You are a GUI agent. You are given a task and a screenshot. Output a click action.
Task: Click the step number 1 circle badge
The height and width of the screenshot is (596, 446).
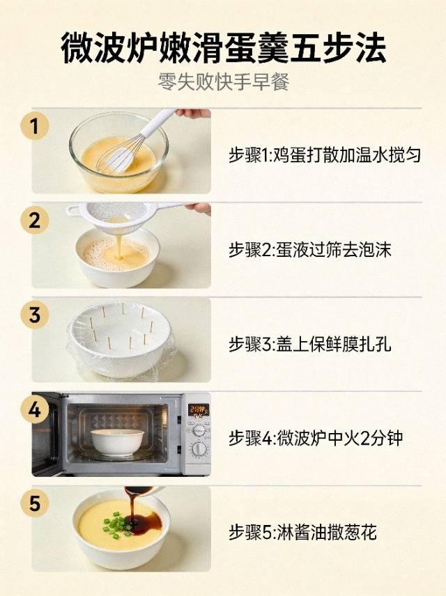click(35, 126)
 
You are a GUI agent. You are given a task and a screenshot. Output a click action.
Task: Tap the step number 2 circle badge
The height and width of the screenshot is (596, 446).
click(35, 221)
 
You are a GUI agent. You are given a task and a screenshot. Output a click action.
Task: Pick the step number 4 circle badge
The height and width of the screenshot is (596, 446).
click(35, 409)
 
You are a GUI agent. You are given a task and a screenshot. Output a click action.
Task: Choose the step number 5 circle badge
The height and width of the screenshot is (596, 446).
click(35, 503)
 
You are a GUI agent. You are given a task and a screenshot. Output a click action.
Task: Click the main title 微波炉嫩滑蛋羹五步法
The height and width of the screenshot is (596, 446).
click(224, 48)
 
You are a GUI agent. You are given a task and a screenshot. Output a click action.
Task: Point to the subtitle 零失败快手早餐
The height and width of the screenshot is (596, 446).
click(224, 81)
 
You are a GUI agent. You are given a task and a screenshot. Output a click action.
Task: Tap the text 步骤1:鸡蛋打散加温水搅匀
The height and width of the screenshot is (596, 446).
click(325, 155)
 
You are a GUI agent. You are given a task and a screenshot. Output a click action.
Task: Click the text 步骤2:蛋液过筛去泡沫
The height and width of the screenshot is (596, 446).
click(310, 250)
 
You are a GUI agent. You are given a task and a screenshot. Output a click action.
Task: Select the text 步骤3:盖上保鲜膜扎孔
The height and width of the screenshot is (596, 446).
click(310, 345)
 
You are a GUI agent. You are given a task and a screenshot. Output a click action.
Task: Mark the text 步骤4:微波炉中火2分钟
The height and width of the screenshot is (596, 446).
click(316, 438)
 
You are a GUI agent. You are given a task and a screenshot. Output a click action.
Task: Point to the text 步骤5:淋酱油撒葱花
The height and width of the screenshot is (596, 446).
click(302, 532)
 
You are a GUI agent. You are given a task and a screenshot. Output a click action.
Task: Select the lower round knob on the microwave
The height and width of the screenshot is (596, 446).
click(199, 450)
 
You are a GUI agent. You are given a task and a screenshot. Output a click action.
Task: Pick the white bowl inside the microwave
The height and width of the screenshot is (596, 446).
click(118, 442)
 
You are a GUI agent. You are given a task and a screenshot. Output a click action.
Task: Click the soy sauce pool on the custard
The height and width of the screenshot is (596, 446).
click(144, 519)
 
